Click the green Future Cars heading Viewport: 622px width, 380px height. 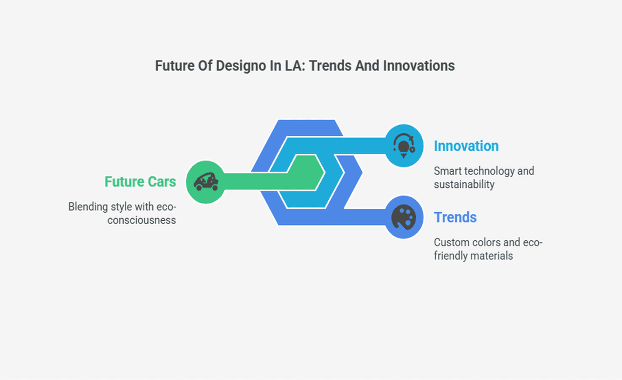click(x=140, y=182)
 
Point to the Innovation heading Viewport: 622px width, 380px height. click(x=466, y=146)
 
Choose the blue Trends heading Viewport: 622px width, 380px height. click(x=455, y=218)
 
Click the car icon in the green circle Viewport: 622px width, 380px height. click(x=206, y=182)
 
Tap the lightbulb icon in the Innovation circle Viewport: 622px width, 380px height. click(x=404, y=146)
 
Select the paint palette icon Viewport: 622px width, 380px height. click(x=404, y=218)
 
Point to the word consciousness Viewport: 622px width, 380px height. click(x=141, y=220)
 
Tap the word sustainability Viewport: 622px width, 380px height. click(x=464, y=185)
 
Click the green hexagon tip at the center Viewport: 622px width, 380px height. click(x=325, y=173)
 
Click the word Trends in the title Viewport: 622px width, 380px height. click(x=330, y=66)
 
